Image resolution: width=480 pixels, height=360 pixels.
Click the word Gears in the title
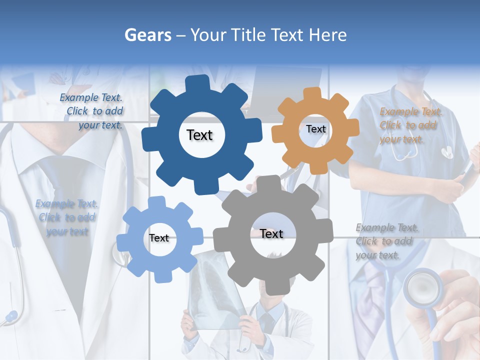147,35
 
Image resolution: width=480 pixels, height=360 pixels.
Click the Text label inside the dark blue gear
199,135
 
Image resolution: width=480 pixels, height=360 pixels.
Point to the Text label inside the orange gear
315,129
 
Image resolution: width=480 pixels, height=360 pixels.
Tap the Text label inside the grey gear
271,233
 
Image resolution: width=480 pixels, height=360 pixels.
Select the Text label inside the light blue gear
159,238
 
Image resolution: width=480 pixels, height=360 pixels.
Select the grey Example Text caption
386,241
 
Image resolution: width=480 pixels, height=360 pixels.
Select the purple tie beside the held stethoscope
370,300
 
